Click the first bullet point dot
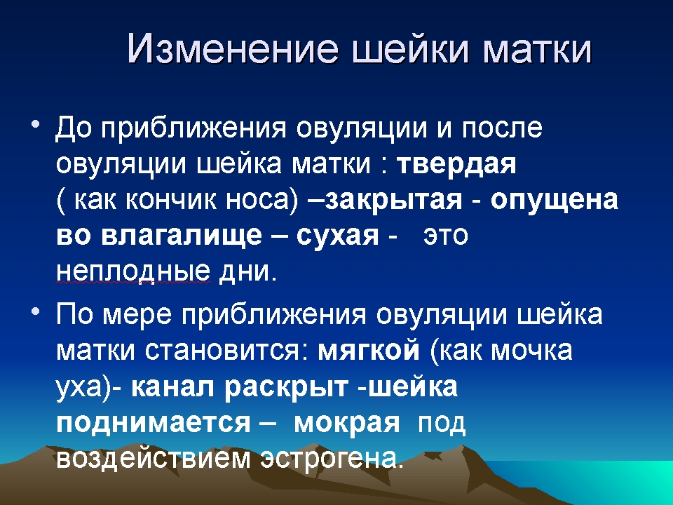point(35,126)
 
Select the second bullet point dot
point(35,311)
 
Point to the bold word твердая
point(456,164)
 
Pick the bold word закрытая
point(393,201)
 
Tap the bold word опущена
point(554,201)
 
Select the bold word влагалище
point(182,236)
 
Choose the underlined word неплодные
point(133,272)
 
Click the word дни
point(248,272)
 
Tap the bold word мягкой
point(369,351)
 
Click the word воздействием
point(154,458)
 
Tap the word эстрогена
point(333,459)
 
